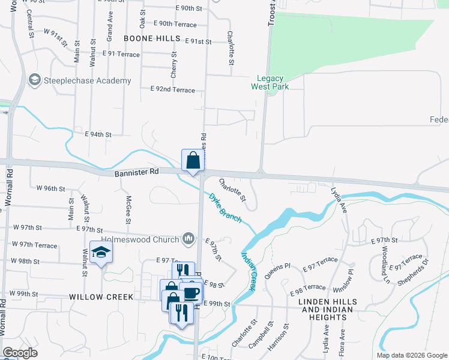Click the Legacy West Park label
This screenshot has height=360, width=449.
click(273, 82)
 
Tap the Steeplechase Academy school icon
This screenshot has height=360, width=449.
click(34, 80)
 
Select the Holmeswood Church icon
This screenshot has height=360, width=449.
click(189, 239)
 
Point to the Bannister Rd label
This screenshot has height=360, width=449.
click(136, 172)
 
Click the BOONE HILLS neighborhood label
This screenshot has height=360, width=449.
click(152, 38)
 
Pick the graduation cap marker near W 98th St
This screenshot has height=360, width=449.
click(101, 253)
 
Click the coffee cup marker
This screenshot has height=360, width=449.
click(191, 293)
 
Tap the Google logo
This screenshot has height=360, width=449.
click(20, 353)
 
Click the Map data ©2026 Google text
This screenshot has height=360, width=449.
click(412, 355)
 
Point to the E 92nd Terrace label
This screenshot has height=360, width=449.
click(173, 90)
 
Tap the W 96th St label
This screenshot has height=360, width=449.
click(50, 188)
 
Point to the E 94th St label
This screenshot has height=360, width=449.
click(98, 135)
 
